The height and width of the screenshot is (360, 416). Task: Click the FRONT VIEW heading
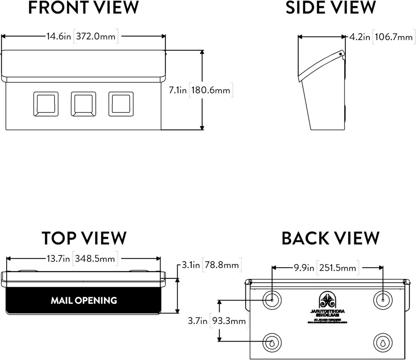83,8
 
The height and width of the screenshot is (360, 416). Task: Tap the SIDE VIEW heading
331,8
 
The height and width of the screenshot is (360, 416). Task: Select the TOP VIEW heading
84,238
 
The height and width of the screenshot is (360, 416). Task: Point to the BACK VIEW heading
331,238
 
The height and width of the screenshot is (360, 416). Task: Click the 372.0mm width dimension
96,37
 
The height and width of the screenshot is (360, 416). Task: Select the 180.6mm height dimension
211,90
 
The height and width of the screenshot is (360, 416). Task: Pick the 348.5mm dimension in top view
95,258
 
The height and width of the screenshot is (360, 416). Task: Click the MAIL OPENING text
84,300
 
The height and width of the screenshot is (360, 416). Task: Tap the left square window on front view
46,104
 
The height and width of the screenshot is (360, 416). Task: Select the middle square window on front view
83,104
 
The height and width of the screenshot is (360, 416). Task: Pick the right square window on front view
121,104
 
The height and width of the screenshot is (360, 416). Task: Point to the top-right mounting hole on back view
382,300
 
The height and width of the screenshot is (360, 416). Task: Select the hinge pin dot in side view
341,53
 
